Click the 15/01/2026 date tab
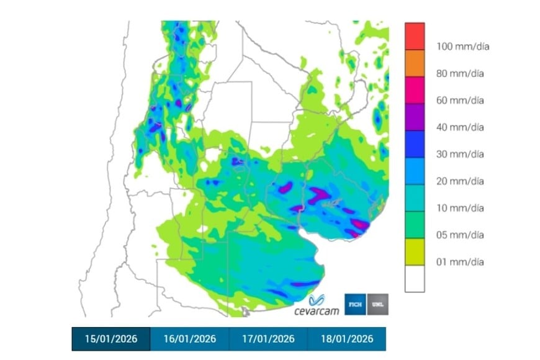pos(110,339)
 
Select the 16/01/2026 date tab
pos(189,339)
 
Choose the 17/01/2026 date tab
pos(268,339)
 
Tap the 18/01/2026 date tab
pos(346,339)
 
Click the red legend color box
pos(415,37)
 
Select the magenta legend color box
pos(415,91)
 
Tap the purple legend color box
pos(415,117)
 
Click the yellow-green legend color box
pos(415,253)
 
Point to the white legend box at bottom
pos(415,279)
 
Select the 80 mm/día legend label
pos(460,73)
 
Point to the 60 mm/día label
pos(460,101)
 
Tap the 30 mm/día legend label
pos(460,155)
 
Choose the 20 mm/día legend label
pos(460,181)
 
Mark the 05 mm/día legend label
pos(460,235)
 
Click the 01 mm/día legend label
pos(460,262)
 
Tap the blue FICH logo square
pos(356,304)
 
